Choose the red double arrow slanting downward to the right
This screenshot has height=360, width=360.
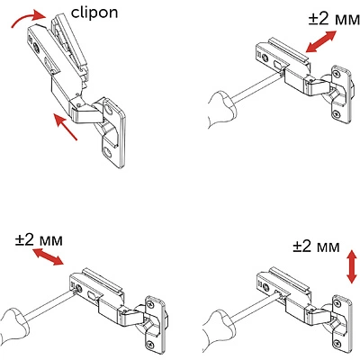46,258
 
